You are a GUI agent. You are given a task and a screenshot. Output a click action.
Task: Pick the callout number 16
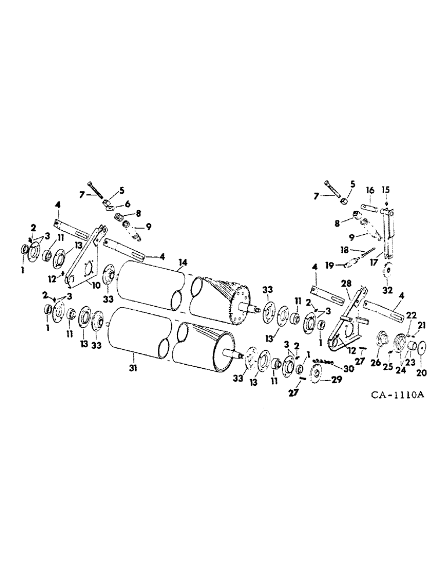tap(370, 191)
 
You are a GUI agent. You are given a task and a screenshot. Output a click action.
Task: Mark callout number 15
tap(386, 191)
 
